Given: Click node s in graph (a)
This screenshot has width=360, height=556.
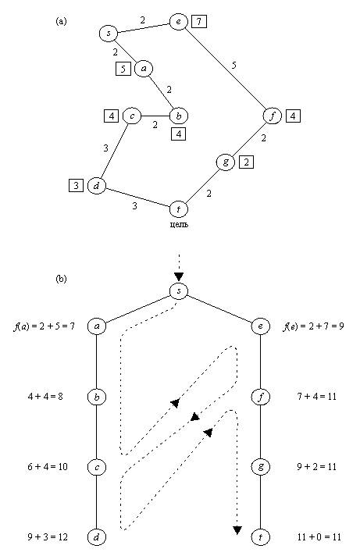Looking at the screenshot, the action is pyautogui.click(x=109, y=34).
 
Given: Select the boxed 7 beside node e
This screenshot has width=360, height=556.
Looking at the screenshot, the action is pyautogui.click(x=199, y=22).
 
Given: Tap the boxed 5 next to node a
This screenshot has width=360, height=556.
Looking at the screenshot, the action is pyautogui.click(x=123, y=69).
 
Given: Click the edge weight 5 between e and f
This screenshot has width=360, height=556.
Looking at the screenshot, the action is pyautogui.click(x=233, y=66).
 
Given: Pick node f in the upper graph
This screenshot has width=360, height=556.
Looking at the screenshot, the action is pyautogui.click(x=273, y=116).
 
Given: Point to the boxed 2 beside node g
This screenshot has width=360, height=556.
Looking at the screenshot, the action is pyautogui.click(x=247, y=162).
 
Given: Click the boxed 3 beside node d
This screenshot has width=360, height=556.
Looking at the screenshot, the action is pyautogui.click(x=76, y=185).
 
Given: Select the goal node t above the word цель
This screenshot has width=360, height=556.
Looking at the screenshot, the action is pyautogui.click(x=178, y=209).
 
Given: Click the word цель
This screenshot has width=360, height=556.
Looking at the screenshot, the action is pyautogui.click(x=179, y=224).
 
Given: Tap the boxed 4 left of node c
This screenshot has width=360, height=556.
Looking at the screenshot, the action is pyautogui.click(x=112, y=116).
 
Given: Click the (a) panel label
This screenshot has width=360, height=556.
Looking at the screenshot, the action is pyautogui.click(x=61, y=22).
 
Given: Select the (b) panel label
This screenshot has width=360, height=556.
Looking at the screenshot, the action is pyautogui.click(x=61, y=279).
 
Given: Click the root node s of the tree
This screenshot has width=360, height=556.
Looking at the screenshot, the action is pyautogui.click(x=179, y=291).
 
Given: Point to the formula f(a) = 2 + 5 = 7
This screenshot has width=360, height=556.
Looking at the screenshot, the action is pyautogui.click(x=44, y=326).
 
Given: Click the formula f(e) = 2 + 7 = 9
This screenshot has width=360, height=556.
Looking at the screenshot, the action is pyautogui.click(x=314, y=326).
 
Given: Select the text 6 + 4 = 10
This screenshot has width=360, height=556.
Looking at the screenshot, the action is pyautogui.click(x=48, y=467).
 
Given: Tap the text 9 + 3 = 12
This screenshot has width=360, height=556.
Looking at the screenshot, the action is pyautogui.click(x=48, y=536).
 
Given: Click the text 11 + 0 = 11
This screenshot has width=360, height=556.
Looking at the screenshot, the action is pyautogui.click(x=319, y=536).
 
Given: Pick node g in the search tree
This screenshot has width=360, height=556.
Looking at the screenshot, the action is pyautogui.click(x=261, y=467).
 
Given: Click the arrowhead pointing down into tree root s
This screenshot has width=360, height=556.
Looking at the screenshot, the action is pyautogui.click(x=179, y=276).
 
